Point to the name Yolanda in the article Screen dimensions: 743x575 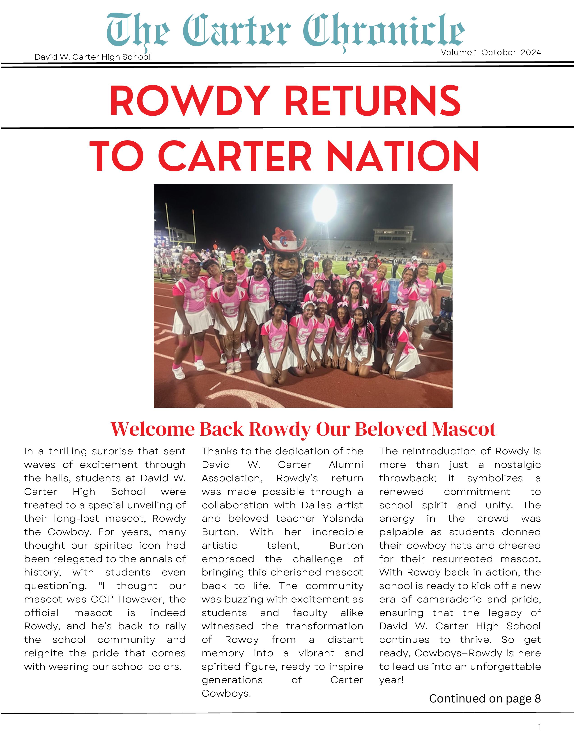tap(343, 519)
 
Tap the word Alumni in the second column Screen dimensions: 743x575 tap(346, 465)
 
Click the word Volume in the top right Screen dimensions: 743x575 tap(456, 52)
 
